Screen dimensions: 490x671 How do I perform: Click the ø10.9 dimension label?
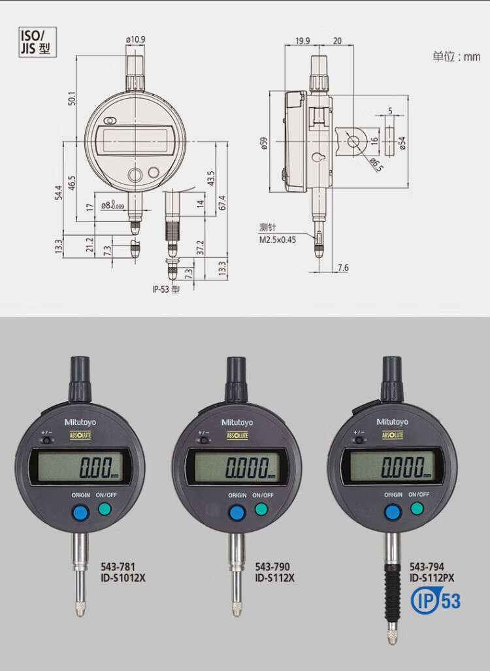click(x=136, y=39)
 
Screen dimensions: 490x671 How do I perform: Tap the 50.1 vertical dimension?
click(x=72, y=99)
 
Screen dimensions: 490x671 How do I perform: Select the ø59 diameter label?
click(x=264, y=143)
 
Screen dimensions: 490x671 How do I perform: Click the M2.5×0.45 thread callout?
click(x=278, y=240)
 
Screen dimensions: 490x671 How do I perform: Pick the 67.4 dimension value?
click(x=221, y=203)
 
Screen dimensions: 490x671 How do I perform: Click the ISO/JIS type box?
click(x=37, y=42)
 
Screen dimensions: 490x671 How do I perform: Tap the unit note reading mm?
click(x=456, y=56)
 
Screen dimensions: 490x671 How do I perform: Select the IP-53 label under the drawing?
click(x=166, y=289)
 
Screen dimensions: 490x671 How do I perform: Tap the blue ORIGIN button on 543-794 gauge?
click(x=393, y=512)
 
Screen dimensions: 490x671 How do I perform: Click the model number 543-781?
click(x=118, y=566)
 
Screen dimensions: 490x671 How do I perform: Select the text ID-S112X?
click(x=275, y=578)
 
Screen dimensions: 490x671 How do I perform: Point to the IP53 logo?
click(x=436, y=601)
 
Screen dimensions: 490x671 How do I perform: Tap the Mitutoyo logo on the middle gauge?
click(x=237, y=422)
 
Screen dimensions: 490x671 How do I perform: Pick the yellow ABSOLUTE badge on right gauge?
click(x=393, y=435)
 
